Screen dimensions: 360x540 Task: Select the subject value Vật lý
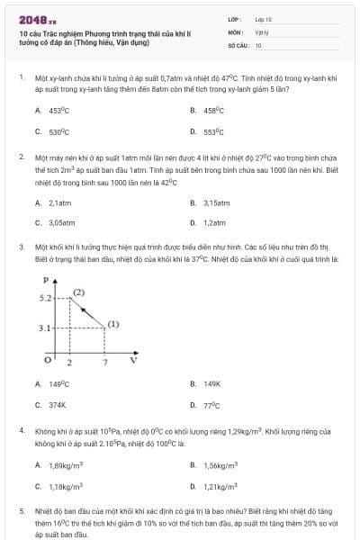(261, 31)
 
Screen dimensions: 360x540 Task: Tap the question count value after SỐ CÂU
(258, 44)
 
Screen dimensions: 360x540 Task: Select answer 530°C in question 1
(59, 130)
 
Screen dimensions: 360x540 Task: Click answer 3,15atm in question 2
(217, 202)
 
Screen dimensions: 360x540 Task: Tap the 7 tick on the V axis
(105, 362)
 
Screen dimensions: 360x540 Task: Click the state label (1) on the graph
(113, 323)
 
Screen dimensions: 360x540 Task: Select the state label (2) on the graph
(79, 292)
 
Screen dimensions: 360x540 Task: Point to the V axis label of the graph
(133, 360)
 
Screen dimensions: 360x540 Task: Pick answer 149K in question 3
(211, 384)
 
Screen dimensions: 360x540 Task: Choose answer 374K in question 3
(58, 405)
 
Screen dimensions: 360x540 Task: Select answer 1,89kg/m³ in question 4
(66, 465)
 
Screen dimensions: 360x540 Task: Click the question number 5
(20, 510)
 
